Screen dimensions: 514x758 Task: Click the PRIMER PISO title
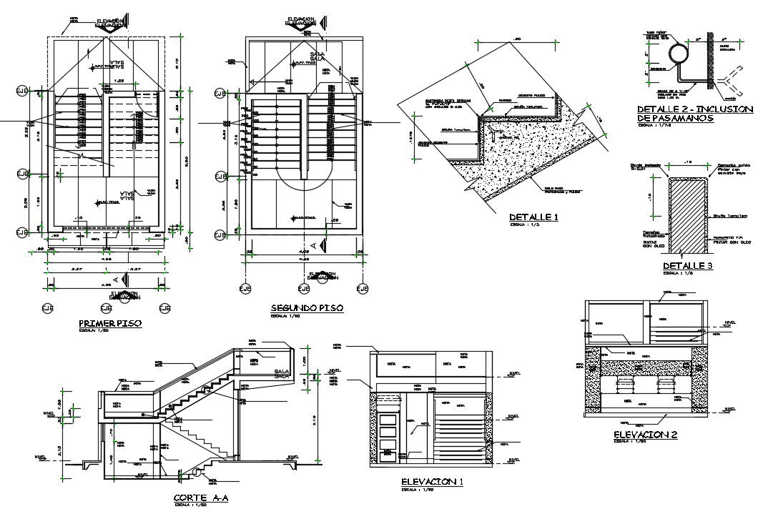pyautogui.click(x=109, y=323)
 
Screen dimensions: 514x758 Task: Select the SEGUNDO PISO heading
pyautogui.click(x=306, y=308)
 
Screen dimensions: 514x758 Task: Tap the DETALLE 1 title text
pyautogui.click(x=532, y=217)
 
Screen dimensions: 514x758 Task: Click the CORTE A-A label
pyautogui.click(x=200, y=498)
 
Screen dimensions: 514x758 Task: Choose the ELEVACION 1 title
pyautogui.click(x=432, y=482)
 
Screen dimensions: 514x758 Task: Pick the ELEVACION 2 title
pyautogui.click(x=645, y=434)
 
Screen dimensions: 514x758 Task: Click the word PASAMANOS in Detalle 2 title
pyautogui.click(x=674, y=119)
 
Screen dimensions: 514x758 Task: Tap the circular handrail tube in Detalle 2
pyautogui.click(x=675, y=54)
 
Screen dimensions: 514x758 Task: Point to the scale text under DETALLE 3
pyautogui.click(x=677, y=274)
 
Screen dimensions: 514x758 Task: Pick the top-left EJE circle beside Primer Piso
pyautogui.click(x=22, y=91)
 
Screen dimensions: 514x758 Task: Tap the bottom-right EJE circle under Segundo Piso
pyautogui.click(x=363, y=289)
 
